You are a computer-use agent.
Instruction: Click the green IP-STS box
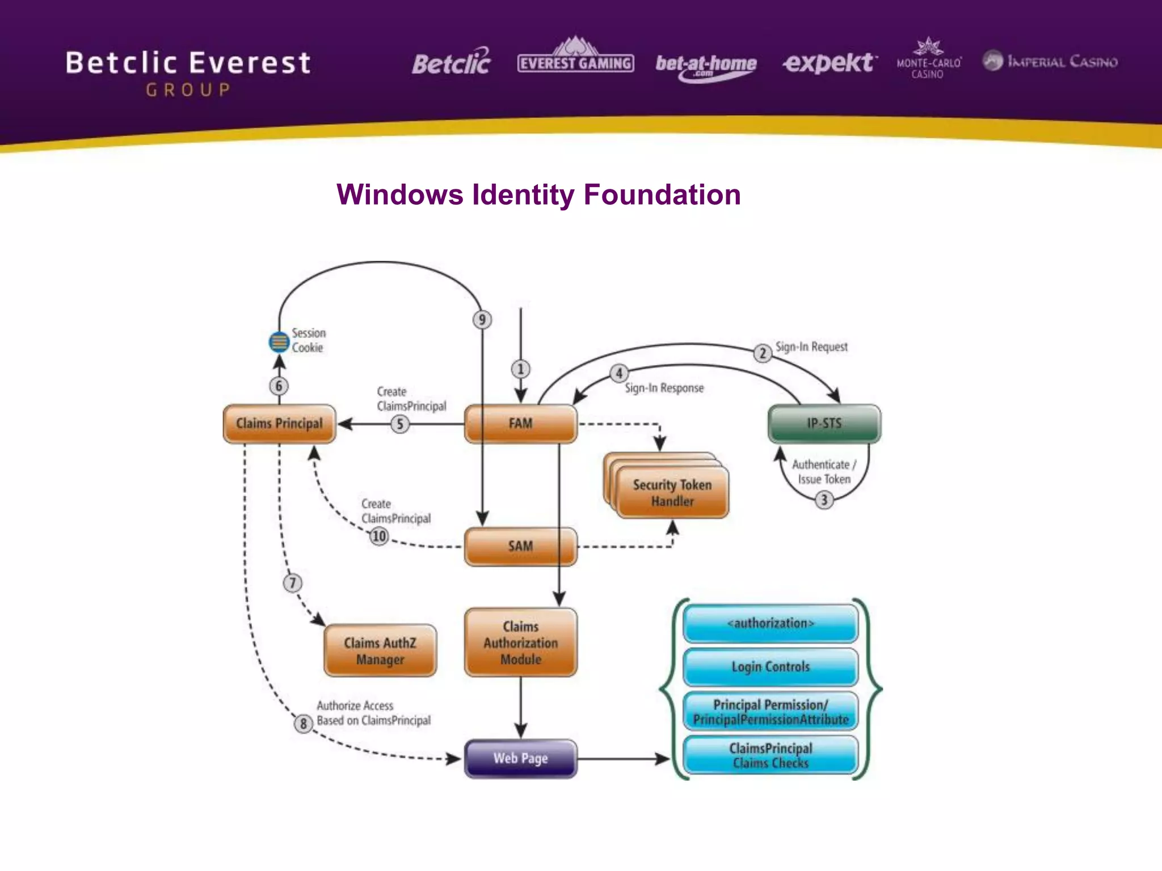[824, 424]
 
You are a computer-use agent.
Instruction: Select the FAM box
[520, 424]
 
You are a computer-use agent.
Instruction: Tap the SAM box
[520, 547]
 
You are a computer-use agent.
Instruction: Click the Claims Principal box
[279, 424]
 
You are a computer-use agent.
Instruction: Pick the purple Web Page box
[520, 758]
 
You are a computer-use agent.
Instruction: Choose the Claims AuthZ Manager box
[380, 651]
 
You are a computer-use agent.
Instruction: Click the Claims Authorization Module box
[520, 642]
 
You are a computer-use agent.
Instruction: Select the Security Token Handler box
[672, 492]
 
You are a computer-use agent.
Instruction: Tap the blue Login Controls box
[771, 667]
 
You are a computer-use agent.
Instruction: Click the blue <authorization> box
[771, 623]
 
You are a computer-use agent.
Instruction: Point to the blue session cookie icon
[279, 342]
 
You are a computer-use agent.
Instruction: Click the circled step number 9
[482, 320]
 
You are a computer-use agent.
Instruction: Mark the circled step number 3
[824, 500]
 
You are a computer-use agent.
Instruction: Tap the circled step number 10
[378, 536]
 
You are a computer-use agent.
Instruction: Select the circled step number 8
[304, 724]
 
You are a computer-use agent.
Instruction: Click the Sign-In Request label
[811, 346]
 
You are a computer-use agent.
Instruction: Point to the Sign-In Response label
[664, 388]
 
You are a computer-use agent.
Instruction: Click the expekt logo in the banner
[829, 62]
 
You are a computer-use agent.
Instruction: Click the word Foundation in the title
[662, 195]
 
